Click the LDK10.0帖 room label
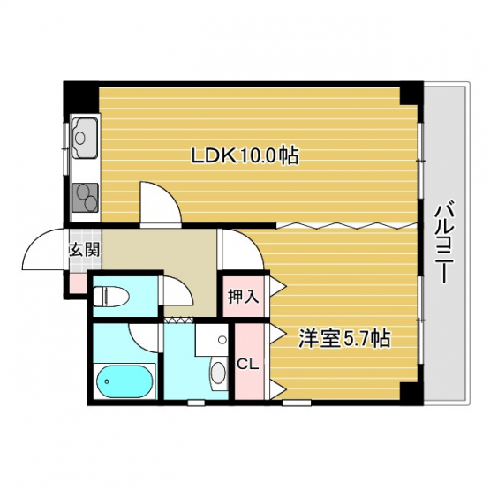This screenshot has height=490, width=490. (x=245, y=155)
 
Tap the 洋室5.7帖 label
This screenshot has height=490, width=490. (x=344, y=338)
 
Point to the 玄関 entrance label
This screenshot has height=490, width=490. (x=84, y=250)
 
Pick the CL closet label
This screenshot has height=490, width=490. (x=247, y=364)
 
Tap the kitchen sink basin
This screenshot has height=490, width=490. (x=85, y=138)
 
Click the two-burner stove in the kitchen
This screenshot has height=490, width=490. (x=86, y=198)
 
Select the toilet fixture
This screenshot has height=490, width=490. (x=111, y=296)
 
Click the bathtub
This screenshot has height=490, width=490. (x=124, y=381)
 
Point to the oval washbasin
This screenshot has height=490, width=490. (x=219, y=373)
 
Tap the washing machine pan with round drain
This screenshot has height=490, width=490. (x=212, y=339)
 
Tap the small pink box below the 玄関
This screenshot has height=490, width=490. (x=77, y=283)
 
